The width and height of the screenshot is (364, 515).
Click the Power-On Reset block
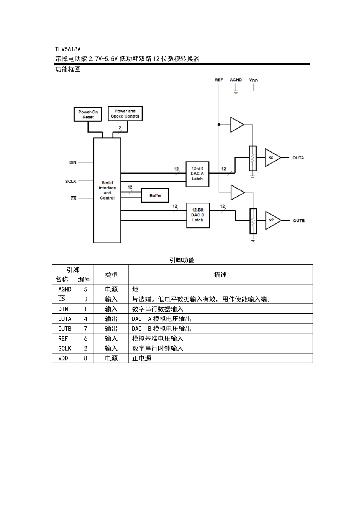point(88,115)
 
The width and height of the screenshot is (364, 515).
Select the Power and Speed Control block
point(125,114)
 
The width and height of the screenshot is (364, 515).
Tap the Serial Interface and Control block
point(107,190)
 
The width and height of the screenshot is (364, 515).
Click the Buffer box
point(155,195)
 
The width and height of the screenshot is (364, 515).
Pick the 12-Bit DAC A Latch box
point(197,174)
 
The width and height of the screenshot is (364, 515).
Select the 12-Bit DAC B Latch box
point(198,215)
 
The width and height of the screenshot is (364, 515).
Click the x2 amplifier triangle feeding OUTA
point(272,157)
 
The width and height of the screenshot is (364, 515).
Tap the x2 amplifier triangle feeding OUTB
point(272,220)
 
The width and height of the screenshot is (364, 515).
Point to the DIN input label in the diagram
point(73,162)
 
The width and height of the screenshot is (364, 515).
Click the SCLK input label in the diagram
point(71,181)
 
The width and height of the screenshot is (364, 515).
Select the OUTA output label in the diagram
point(298,158)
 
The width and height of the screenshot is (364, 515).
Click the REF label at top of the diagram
point(219,80)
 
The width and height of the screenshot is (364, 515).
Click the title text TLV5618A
point(68,49)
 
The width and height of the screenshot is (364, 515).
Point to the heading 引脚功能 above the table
point(182,260)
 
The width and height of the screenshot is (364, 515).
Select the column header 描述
point(220,275)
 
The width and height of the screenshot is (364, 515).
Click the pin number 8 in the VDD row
point(85,358)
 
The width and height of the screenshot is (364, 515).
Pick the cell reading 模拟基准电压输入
point(158,339)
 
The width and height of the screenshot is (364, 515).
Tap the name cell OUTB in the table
point(65,329)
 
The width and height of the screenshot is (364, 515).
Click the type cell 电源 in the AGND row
point(111,289)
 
